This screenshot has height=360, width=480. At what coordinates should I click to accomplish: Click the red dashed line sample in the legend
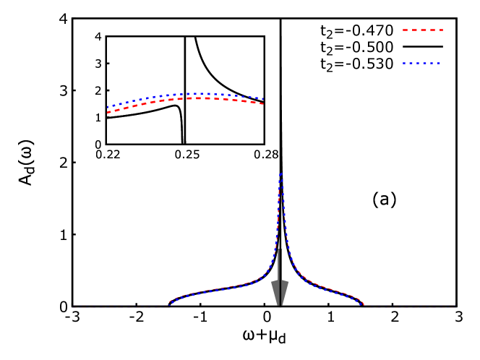(x=423, y=30)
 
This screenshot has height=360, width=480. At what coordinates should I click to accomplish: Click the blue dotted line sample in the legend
(x=422, y=64)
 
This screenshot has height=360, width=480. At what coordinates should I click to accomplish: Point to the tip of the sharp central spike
(x=280, y=174)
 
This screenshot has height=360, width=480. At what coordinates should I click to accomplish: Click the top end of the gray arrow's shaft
(x=280, y=250)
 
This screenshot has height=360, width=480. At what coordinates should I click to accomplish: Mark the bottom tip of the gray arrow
(x=280, y=305)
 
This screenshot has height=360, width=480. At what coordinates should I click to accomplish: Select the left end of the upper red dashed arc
(x=108, y=112)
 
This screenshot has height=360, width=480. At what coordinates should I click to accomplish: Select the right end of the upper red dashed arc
(x=262, y=104)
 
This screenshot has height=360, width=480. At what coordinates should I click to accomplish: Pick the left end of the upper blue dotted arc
(x=108, y=107)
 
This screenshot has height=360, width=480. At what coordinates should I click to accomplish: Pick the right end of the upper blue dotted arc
(x=263, y=99)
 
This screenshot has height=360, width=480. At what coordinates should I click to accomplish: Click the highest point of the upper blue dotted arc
(x=197, y=93)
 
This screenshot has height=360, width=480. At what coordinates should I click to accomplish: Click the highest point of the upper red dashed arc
(x=199, y=98)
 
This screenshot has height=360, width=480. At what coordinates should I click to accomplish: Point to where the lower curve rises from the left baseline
(x=170, y=304)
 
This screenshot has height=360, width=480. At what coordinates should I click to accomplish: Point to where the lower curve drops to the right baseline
(x=362, y=304)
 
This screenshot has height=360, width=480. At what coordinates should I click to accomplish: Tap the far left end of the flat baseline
(x=72, y=307)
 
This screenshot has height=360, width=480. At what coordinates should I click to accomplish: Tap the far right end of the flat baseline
(x=455, y=307)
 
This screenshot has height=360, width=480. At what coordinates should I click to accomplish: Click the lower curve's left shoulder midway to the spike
(x=225, y=288)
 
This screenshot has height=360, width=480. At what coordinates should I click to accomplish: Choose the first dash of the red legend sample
(x=406, y=30)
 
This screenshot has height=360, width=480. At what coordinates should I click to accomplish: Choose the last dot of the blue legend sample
(x=439, y=64)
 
